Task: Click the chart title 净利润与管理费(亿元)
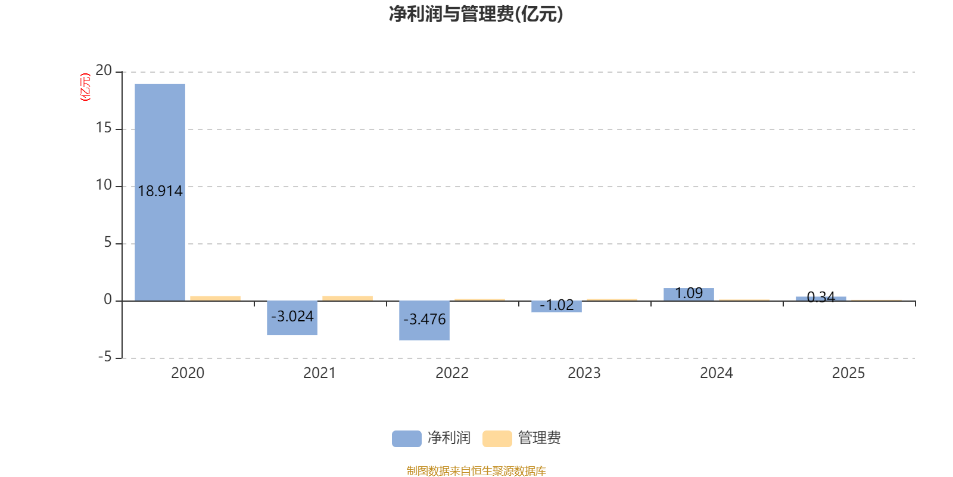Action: pos(476,14)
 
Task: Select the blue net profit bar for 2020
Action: pos(160,193)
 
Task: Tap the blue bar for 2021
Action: pos(292,318)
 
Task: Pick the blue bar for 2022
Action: pos(424,320)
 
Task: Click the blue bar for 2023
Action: pos(556,306)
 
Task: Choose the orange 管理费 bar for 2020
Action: pos(215,299)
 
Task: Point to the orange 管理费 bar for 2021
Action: pos(348,299)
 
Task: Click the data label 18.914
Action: pos(160,191)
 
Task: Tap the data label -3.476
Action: pos(424,320)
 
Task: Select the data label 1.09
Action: pos(689,293)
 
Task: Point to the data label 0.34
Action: pos(821,298)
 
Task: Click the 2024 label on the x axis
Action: pos(717,373)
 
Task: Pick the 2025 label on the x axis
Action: pos(848,373)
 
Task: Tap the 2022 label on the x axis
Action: pos(452,373)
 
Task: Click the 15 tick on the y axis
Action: pos(104,128)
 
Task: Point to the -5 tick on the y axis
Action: pos(105,357)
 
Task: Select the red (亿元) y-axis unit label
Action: pos(86,87)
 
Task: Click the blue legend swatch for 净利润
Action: pos(407,439)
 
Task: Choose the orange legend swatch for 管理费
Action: pos(497,439)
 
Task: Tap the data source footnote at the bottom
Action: pos(476,470)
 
